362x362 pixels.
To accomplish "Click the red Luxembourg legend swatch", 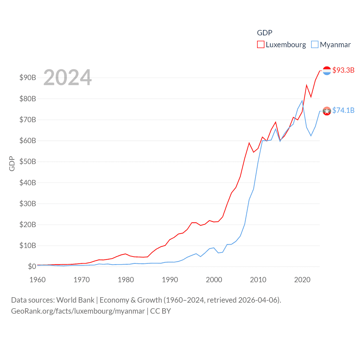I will click(x=260, y=45).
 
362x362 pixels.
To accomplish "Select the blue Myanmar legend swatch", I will click(x=314, y=45).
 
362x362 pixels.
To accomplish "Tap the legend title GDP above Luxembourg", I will click(x=264, y=33).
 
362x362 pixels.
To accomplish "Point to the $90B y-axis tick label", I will click(x=28, y=77).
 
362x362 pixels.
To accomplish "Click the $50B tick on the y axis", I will click(x=28, y=161).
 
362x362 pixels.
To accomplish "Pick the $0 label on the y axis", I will click(x=32, y=266).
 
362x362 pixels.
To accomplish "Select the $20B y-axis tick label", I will click(x=28, y=225).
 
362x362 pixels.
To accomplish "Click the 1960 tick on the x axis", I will click(x=38, y=280).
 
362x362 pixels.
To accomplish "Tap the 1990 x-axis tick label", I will click(x=170, y=280).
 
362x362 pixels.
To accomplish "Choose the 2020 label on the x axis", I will click(x=302, y=280).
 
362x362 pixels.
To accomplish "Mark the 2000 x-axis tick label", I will click(x=214, y=280).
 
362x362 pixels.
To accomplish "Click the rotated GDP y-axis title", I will click(x=12, y=163).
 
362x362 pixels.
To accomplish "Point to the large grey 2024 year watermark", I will click(x=68, y=77).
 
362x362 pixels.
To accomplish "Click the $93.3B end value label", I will click(x=343, y=70).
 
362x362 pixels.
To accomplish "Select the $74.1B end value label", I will click(x=343, y=110).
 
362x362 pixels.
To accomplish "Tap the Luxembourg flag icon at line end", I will click(x=327, y=71).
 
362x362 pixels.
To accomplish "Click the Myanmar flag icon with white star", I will click(x=327, y=111).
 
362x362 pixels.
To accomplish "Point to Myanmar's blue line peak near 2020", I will click(x=302, y=101).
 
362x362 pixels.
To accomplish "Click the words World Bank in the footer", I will click(x=75, y=300).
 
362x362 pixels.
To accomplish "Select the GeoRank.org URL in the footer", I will click(x=78, y=311).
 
